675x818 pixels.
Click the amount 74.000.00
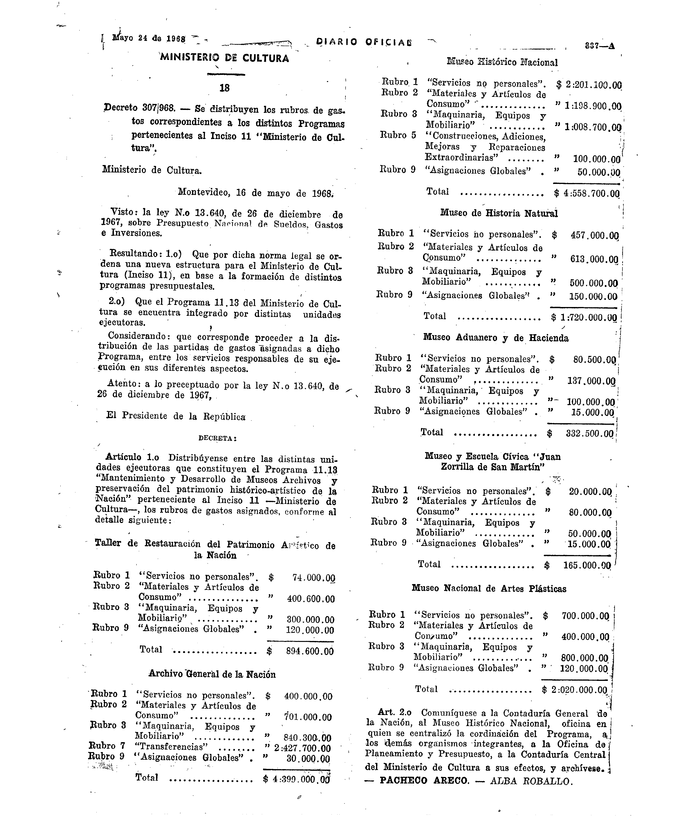pos(313,578)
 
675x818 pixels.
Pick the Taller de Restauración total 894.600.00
pos(310,651)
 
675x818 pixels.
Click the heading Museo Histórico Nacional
pos(502,62)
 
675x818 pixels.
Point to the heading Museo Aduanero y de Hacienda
pos(496,338)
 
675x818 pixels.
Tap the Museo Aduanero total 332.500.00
pos(589,434)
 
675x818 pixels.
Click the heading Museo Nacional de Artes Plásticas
pos(489,589)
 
